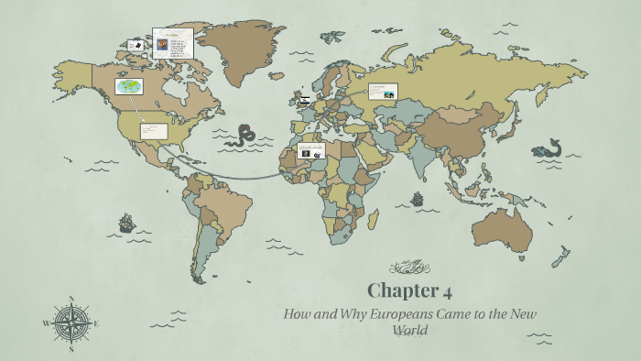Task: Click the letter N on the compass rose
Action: pyautogui.click(x=71, y=299)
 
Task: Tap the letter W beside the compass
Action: pyautogui.click(x=45, y=323)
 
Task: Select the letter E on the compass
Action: pyautogui.click(x=96, y=323)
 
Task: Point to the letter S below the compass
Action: pyautogui.click(x=71, y=349)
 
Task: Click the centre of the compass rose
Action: pyautogui.click(x=71, y=323)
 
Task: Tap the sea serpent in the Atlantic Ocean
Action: pyautogui.click(x=243, y=135)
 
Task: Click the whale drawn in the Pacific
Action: pyautogui.click(x=549, y=148)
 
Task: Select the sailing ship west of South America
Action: pyautogui.click(x=126, y=223)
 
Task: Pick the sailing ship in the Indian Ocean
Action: pyautogui.click(x=418, y=198)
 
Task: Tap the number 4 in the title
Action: pyautogui.click(x=447, y=292)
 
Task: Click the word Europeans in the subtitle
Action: pyautogui.click(x=394, y=314)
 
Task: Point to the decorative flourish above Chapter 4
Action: pyautogui.click(x=409, y=268)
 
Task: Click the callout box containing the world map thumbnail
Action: pyautogui.click(x=128, y=86)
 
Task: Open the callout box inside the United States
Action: pyautogui.click(x=153, y=131)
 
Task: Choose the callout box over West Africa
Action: pyautogui.click(x=310, y=150)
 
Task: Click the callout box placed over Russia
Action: pyautogui.click(x=383, y=91)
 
